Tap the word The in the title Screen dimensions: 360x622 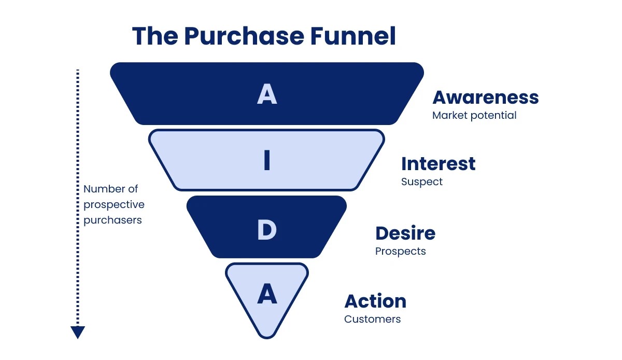[154, 36]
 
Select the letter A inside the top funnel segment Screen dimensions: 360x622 [267, 94]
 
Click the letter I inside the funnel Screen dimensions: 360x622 [267, 161]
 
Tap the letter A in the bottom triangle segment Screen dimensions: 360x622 [267, 295]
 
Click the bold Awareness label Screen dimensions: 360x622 [485, 98]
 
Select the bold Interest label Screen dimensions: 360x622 [438, 164]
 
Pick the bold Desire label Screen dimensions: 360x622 [405, 233]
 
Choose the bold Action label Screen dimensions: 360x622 [375, 301]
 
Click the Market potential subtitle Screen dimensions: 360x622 [474, 115]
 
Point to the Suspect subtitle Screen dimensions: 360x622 [422, 182]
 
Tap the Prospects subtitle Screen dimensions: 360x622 [400, 252]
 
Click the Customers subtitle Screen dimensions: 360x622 [372, 319]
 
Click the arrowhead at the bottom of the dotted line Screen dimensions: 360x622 [78, 332]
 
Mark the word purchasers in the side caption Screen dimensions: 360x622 [112, 220]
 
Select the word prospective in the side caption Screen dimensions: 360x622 [114, 204]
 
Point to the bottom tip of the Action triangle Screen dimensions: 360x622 [267, 337]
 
